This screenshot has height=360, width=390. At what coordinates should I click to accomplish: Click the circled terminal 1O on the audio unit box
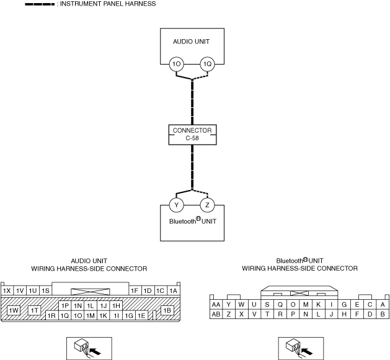tap(176, 64)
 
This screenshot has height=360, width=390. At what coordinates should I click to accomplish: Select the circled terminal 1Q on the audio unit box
tap(207, 64)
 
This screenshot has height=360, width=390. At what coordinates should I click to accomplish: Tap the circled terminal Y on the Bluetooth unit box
tap(176, 205)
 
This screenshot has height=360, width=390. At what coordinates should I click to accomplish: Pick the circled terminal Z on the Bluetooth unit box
tap(207, 205)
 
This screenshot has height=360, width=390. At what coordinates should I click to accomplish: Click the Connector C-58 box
tap(192, 135)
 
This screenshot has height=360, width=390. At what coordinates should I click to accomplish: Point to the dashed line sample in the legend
tap(40, 4)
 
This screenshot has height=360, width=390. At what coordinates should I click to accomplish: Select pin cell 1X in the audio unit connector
tap(7, 290)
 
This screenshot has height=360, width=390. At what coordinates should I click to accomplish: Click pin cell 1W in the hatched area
tap(14, 310)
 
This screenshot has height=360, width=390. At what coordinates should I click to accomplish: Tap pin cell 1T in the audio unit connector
tap(34, 310)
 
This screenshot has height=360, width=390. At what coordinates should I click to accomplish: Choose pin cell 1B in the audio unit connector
tap(167, 310)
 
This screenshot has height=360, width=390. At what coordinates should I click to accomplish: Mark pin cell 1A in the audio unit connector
tap(174, 290)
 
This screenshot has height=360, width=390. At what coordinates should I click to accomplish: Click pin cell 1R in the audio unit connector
tap(51, 315)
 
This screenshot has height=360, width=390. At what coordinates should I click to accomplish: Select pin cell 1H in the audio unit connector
tap(116, 306)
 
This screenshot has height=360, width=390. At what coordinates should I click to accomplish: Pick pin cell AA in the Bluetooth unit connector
tap(216, 305)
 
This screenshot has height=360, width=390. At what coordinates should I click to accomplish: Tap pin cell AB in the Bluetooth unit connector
tap(216, 314)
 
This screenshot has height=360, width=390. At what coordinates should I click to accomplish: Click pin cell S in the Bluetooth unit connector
tap(267, 305)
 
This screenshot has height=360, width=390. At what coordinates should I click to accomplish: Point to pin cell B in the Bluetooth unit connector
tap(383, 314)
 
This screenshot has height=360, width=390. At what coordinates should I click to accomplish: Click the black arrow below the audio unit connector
tap(95, 351)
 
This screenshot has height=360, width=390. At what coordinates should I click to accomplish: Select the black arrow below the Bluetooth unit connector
tap(307, 351)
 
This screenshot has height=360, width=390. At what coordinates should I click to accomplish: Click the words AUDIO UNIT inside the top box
tap(191, 42)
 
